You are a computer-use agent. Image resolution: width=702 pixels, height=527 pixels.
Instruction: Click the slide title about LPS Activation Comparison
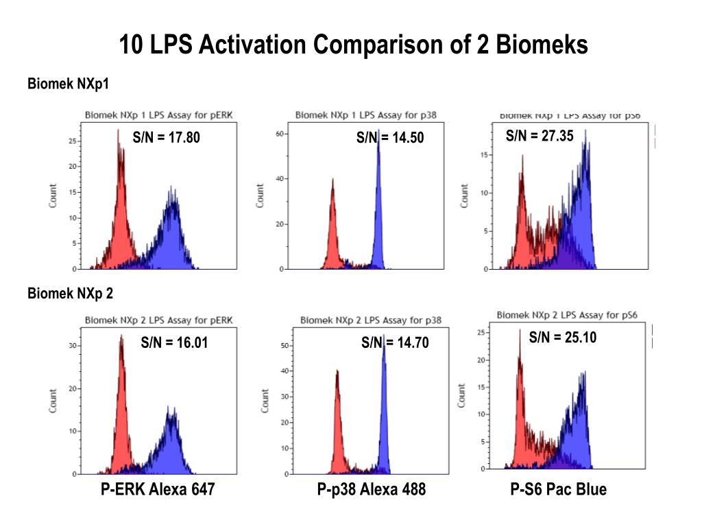pyautogui.click(x=353, y=45)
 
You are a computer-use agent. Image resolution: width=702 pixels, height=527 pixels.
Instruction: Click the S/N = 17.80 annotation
pyautogui.click(x=167, y=138)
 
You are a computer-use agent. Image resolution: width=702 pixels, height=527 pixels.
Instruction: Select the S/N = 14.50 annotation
pyautogui.click(x=390, y=138)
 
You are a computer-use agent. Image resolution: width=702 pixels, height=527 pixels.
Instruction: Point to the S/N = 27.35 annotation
pyautogui.click(x=540, y=136)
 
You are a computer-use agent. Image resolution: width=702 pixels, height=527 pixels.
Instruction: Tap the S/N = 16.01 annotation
pyautogui.click(x=174, y=342)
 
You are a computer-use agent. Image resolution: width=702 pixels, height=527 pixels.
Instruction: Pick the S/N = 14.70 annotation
pyautogui.click(x=395, y=342)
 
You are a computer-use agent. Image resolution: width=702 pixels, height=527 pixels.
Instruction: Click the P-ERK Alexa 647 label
pyautogui.click(x=158, y=489)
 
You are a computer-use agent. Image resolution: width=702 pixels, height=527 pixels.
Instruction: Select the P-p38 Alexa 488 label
pyautogui.click(x=371, y=489)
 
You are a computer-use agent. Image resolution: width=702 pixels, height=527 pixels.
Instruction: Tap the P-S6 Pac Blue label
pyautogui.click(x=558, y=489)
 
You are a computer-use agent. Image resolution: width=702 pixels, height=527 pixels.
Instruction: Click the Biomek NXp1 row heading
pyautogui.click(x=68, y=84)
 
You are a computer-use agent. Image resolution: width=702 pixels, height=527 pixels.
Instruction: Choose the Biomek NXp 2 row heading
pyautogui.click(x=70, y=294)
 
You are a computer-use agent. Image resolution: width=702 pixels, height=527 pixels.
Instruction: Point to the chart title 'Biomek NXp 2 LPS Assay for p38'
pyautogui.click(x=371, y=320)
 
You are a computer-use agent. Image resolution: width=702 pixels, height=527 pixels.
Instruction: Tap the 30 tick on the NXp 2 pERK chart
pyautogui.click(x=72, y=346)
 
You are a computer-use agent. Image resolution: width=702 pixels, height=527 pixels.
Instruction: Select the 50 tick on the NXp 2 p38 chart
pyautogui.click(x=283, y=347)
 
